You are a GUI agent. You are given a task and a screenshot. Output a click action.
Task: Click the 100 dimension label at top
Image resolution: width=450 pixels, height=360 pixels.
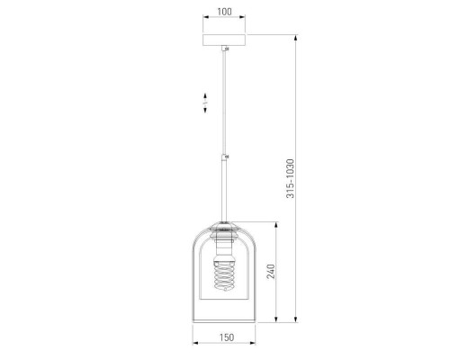[x=224, y=12]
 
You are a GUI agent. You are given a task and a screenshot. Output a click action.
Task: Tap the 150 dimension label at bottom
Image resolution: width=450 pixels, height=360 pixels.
[x=227, y=337]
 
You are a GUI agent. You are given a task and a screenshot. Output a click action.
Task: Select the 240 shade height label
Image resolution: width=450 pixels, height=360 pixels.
[x=271, y=272]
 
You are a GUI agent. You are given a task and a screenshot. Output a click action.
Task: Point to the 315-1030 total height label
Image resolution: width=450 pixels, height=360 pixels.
[x=291, y=178]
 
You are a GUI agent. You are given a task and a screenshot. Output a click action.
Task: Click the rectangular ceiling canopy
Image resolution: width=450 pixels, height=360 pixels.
[x=224, y=40]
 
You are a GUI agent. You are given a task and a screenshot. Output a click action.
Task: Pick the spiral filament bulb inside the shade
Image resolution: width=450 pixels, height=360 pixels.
[x=224, y=275]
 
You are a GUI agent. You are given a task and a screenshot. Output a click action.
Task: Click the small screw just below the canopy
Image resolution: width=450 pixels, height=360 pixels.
[x=227, y=49]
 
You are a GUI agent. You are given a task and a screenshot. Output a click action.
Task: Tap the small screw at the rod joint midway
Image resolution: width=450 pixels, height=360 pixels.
[x=227, y=157]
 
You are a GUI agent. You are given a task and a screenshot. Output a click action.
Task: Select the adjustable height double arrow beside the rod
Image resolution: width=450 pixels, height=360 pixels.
[x=205, y=103]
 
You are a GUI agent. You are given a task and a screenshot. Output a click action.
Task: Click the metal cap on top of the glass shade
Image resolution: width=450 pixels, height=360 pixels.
[x=224, y=226]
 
